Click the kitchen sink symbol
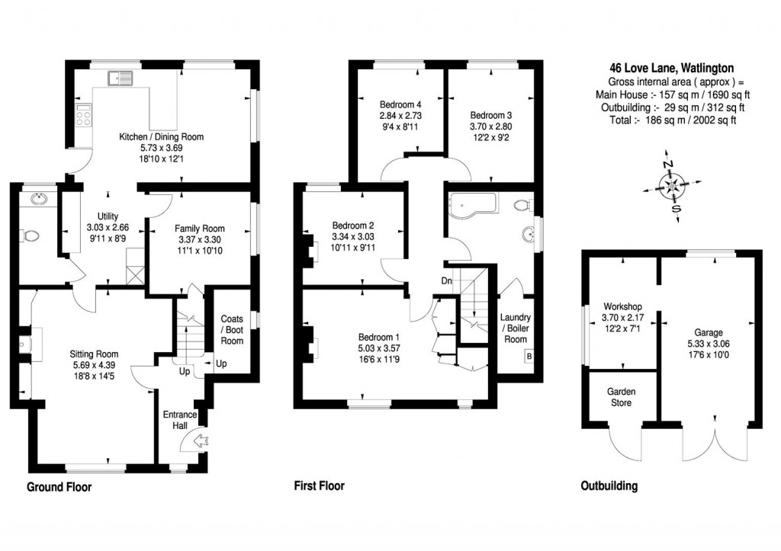[x=120, y=78]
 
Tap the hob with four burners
[x=84, y=115]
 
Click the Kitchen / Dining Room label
[x=162, y=137]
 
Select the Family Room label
[x=200, y=229]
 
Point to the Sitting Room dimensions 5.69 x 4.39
[x=94, y=365]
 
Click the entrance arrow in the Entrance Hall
[x=201, y=440]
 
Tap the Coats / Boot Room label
[x=232, y=330]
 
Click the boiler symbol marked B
[x=529, y=357]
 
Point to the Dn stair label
[x=446, y=281]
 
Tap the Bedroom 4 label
[x=400, y=104]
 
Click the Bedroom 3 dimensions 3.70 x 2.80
[x=490, y=127]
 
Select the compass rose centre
[x=672, y=187]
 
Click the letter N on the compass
[x=667, y=164]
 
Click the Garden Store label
[x=621, y=398]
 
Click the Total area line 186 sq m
[x=673, y=120]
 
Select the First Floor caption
[x=320, y=485]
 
